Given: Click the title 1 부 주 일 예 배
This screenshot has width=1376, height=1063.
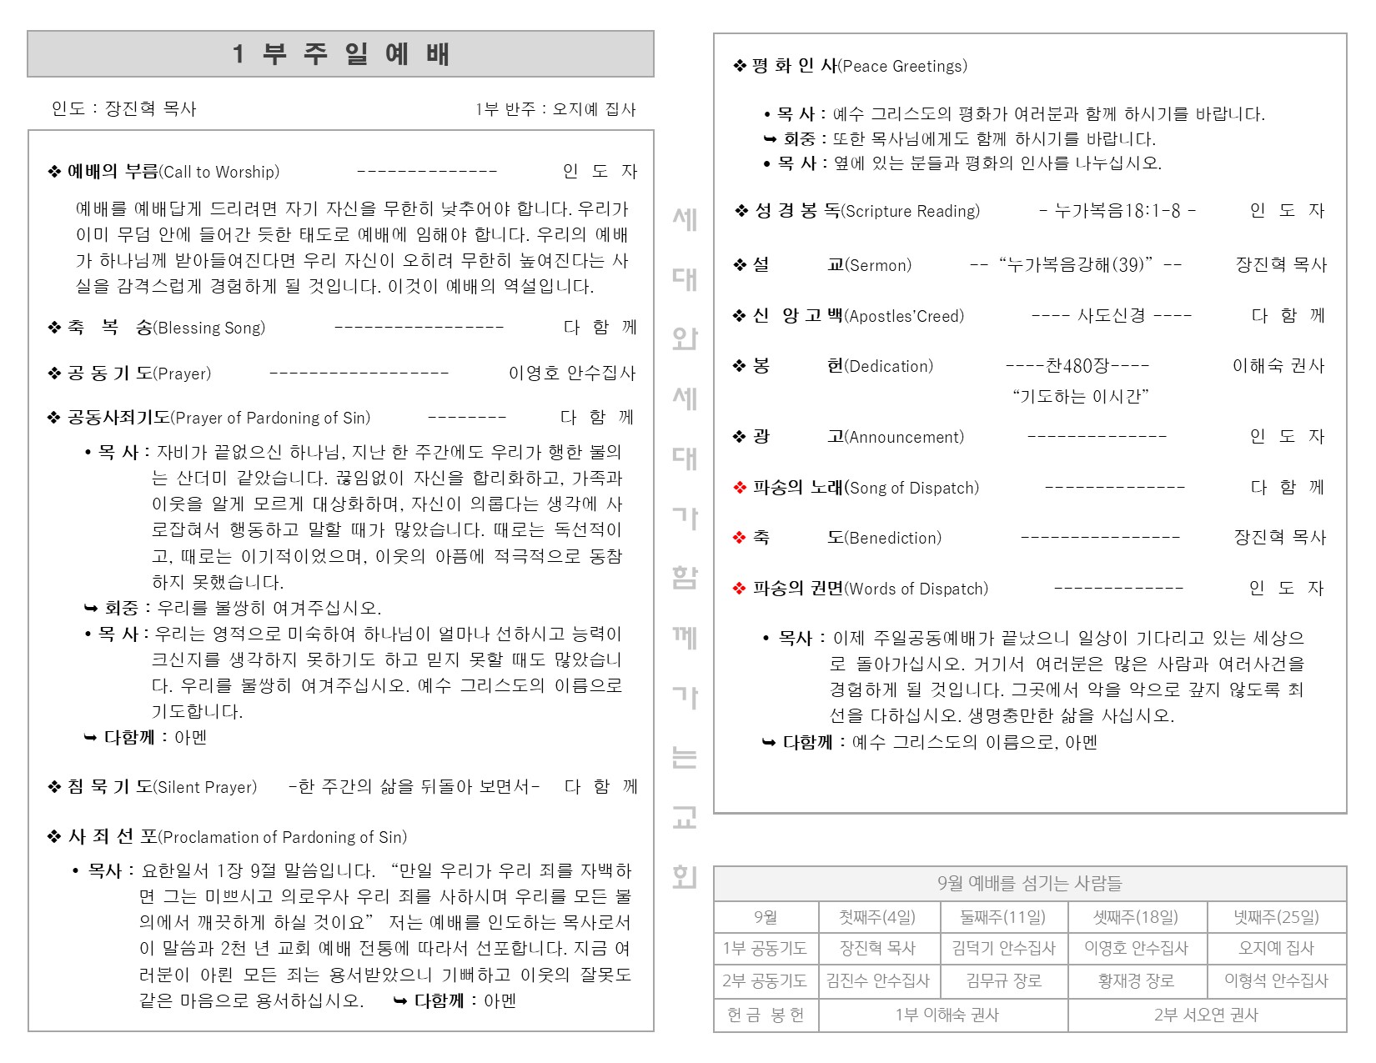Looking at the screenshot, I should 340,54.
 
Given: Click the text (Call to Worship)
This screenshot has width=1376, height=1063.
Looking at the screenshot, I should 219,173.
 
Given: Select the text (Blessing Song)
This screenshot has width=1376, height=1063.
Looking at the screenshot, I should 209,328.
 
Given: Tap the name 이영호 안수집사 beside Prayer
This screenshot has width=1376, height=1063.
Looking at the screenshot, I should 572,374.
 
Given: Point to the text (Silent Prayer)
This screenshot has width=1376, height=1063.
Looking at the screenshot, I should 206,788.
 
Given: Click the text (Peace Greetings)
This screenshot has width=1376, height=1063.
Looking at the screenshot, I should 902,67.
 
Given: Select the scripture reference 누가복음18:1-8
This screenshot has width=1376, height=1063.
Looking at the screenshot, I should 1117,211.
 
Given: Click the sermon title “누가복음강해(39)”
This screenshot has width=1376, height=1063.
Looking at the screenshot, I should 1076,265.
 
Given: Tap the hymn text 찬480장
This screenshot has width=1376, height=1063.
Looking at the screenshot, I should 1077,366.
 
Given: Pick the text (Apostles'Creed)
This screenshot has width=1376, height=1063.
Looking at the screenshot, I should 904,317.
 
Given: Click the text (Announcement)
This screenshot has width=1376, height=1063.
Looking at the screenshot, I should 904,438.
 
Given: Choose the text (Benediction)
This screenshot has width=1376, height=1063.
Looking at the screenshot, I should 893,539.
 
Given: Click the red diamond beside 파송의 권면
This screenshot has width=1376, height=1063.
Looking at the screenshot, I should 739,589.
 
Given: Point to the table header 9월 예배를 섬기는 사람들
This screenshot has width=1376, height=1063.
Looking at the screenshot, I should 1029,884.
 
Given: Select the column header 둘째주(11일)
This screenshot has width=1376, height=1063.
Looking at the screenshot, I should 1002,918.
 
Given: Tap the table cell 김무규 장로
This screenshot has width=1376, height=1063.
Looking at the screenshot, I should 1003,981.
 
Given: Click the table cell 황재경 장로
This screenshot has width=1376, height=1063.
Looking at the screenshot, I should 1136,981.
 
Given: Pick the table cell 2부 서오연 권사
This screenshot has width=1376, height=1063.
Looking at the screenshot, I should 1206,1015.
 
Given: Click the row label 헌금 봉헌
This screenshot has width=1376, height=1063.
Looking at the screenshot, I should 766,1015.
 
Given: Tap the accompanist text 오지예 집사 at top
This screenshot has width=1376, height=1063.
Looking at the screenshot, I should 594,110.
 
